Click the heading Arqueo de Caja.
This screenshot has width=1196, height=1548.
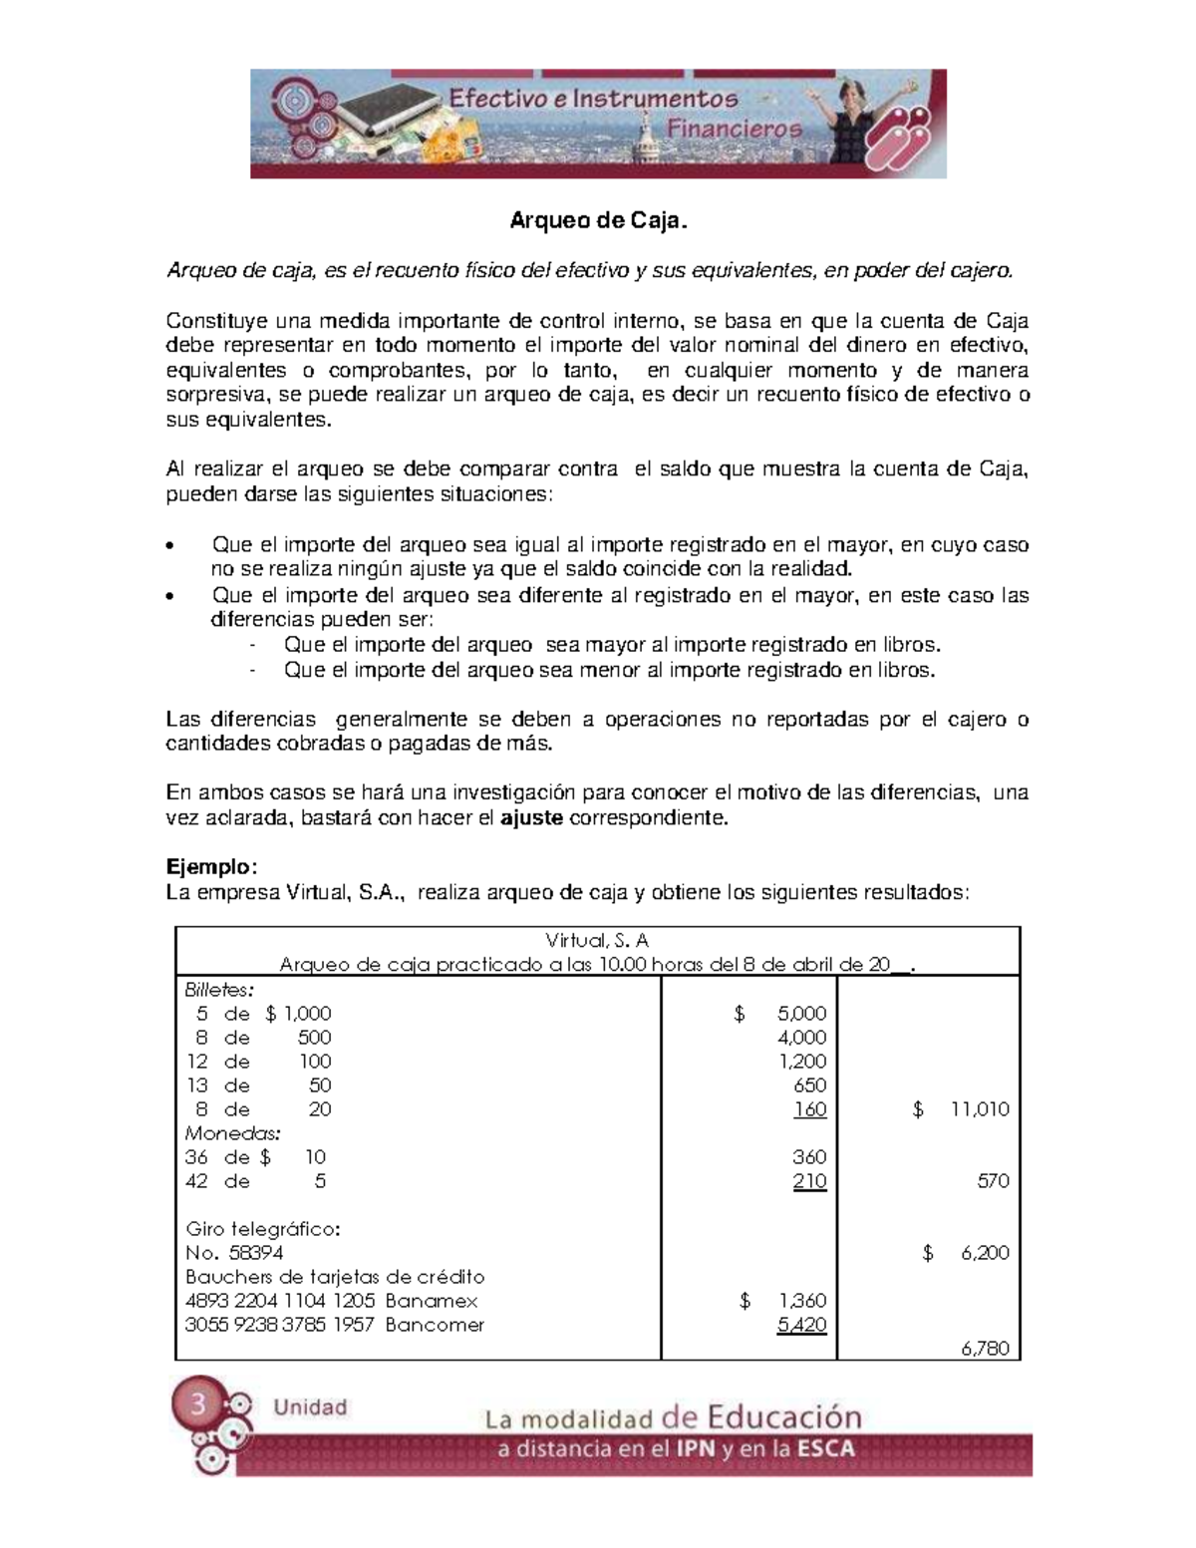(598, 220)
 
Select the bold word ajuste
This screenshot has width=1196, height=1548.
(531, 818)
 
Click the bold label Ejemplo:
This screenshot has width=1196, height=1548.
(211, 867)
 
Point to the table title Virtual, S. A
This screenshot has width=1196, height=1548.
(597, 940)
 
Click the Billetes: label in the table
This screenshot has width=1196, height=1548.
(219, 990)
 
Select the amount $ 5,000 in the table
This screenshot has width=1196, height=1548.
(780, 1014)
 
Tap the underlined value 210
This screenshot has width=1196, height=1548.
(809, 1181)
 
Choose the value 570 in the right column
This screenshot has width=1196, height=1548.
(993, 1181)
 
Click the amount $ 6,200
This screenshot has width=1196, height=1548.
(967, 1253)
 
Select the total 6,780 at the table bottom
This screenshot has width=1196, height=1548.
(985, 1349)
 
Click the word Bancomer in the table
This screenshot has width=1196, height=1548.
(435, 1325)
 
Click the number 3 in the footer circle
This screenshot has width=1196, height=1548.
(198, 1404)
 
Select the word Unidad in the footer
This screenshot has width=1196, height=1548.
(310, 1407)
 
